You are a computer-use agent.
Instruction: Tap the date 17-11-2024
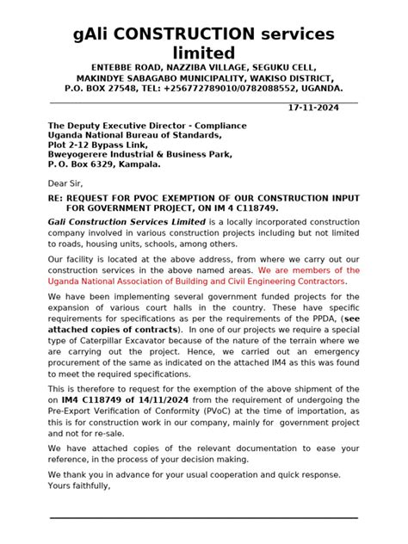pyautogui.click(x=312, y=108)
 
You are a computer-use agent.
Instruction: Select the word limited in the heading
pyautogui.click(x=203, y=53)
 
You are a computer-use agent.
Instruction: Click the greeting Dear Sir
pyautogui.click(x=65, y=183)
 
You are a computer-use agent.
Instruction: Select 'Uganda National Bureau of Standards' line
pyautogui.click(x=133, y=135)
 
